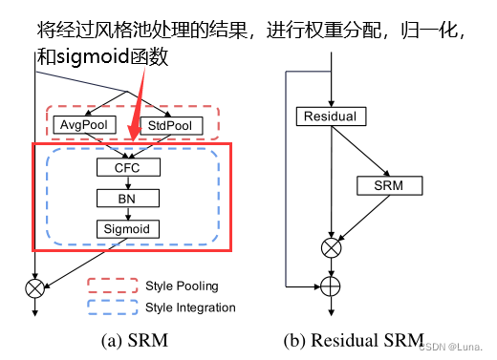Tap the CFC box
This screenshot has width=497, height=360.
pos(128,168)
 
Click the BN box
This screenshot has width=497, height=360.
pos(128,199)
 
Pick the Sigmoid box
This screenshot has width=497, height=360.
pos(128,229)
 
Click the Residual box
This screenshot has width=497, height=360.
pos(330,116)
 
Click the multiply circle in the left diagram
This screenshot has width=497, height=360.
pos(36,285)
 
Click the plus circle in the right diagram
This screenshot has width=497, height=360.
pos(330,285)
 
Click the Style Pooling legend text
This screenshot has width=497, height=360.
pos(182,286)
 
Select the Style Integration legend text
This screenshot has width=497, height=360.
pos(190,307)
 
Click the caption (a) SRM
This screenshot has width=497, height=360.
pos(134,340)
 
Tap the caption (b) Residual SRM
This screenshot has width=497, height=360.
pos(353,340)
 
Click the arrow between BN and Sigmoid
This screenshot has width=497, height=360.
pos(128,214)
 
